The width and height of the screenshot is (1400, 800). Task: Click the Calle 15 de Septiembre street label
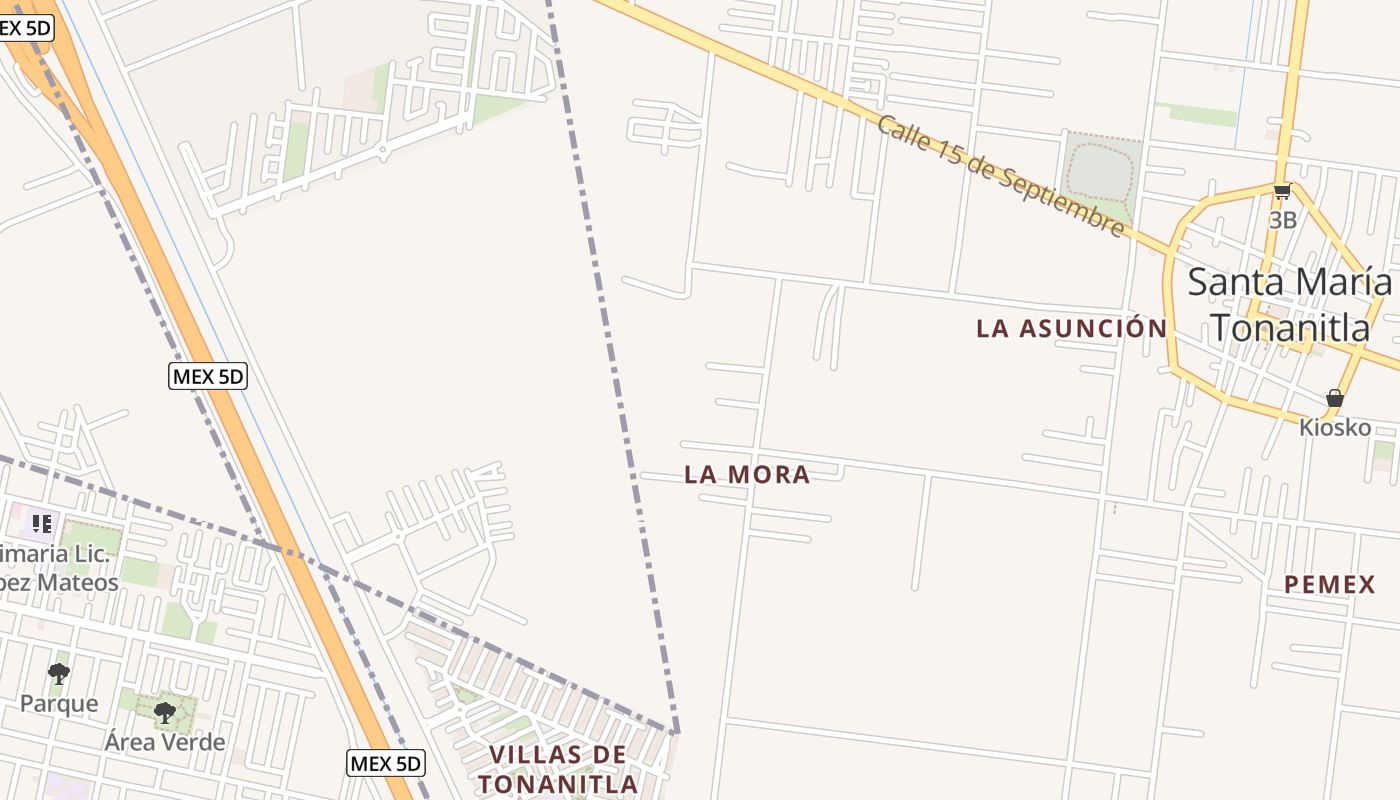click(1001, 176)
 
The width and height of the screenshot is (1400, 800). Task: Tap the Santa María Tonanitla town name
click(1290, 304)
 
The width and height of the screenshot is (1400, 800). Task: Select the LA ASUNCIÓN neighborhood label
click(1071, 328)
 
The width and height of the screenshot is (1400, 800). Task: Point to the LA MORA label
click(747, 475)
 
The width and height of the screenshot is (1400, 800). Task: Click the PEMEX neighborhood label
click(1330, 585)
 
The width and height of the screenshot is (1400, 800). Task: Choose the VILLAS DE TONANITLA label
click(558, 769)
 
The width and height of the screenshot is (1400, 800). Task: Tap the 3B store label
click(1282, 220)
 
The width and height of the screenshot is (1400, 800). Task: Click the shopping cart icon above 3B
click(1282, 192)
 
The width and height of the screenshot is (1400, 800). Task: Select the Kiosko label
click(1334, 427)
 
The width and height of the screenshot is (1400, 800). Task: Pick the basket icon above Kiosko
click(1334, 398)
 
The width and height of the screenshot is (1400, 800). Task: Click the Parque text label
click(59, 703)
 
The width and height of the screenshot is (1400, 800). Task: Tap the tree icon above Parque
click(59, 674)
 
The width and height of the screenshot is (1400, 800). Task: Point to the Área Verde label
click(165, 742)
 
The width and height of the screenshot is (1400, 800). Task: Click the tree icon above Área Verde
click(165, 713)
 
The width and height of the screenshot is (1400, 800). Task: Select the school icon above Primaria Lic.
click(41, 523)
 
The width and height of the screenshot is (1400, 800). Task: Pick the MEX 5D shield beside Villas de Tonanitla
click(386, 764)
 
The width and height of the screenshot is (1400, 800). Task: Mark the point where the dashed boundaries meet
click(677, 733)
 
